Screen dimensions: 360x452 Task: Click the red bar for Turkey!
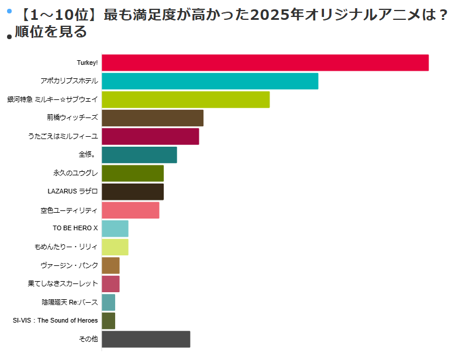click(x=265, y=63)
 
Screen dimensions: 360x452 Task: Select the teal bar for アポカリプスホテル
click(x=210, y=81)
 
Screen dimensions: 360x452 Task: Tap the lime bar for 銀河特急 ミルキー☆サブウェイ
click(x=185, y=99)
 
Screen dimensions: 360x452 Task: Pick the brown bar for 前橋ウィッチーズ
click(x=153, y=118)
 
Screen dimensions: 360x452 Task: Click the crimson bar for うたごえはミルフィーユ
click(x=150, y=136)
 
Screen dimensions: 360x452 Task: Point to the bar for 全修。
click(x=139, y=155)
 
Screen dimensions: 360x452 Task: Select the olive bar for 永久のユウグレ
click(x=133, y=174)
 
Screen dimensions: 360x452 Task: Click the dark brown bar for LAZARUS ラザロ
click(x=133, y=192)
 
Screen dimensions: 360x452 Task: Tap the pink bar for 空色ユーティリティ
click(x=130, y=210)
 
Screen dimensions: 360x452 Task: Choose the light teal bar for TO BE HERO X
click(x=115, y=229)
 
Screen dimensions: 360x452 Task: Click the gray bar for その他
click(x=146, y=339)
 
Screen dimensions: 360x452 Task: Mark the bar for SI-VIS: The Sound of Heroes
click(x=108, y=321)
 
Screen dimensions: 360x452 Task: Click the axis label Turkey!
click(x=87, y=63)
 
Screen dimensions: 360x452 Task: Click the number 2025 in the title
click(x=270, y=14)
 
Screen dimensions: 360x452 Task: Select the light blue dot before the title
click(x=9, y=11)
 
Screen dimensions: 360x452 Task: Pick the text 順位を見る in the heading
click(x=51, y=32)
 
